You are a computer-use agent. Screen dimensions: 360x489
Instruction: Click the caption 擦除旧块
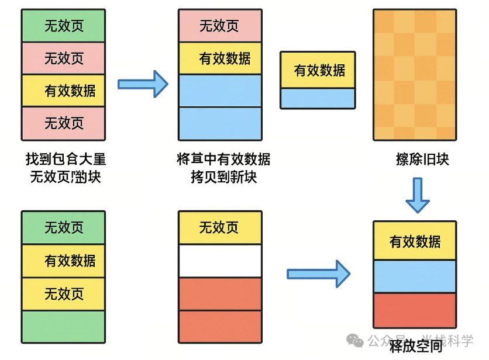coord(422,159)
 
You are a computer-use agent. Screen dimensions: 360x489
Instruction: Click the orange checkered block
coord(414,75)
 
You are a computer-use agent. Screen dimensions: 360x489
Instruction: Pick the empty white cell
coord(219,261)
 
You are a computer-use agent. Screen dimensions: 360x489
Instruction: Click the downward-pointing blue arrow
coord(418,195)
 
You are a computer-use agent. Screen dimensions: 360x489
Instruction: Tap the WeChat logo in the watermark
coord(355,341)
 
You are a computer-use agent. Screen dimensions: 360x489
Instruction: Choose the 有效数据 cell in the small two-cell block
coord(318,70)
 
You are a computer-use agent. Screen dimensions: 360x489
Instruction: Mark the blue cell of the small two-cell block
coord(318,98)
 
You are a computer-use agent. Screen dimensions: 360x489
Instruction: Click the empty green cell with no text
coord(63,326)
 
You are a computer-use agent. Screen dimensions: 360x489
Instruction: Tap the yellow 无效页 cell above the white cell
coord(219,227)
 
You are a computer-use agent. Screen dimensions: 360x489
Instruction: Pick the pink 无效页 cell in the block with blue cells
coord(219,26)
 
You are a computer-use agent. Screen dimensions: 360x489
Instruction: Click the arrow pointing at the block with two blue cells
coord(143,84)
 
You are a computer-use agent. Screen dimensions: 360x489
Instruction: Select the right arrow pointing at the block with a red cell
coord(318,274)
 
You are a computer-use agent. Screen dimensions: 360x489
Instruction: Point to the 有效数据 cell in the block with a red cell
coord(415,241)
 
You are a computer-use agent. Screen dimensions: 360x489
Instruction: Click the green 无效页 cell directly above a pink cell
coord(63,26)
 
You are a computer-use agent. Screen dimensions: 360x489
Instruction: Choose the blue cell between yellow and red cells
coord(415,276)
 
